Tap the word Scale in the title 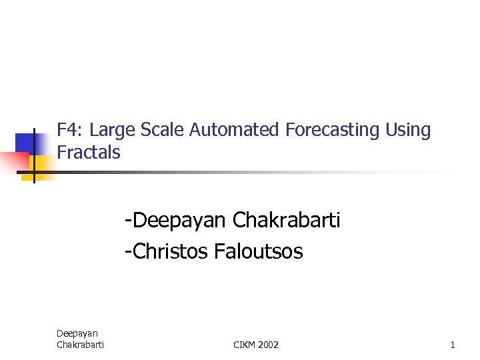163,130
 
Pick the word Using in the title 408,131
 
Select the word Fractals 89,153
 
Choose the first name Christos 167,251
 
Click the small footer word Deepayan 77,333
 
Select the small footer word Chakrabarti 80,345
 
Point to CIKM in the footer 245,345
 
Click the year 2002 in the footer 269,345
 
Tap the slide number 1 453,345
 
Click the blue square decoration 25,143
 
